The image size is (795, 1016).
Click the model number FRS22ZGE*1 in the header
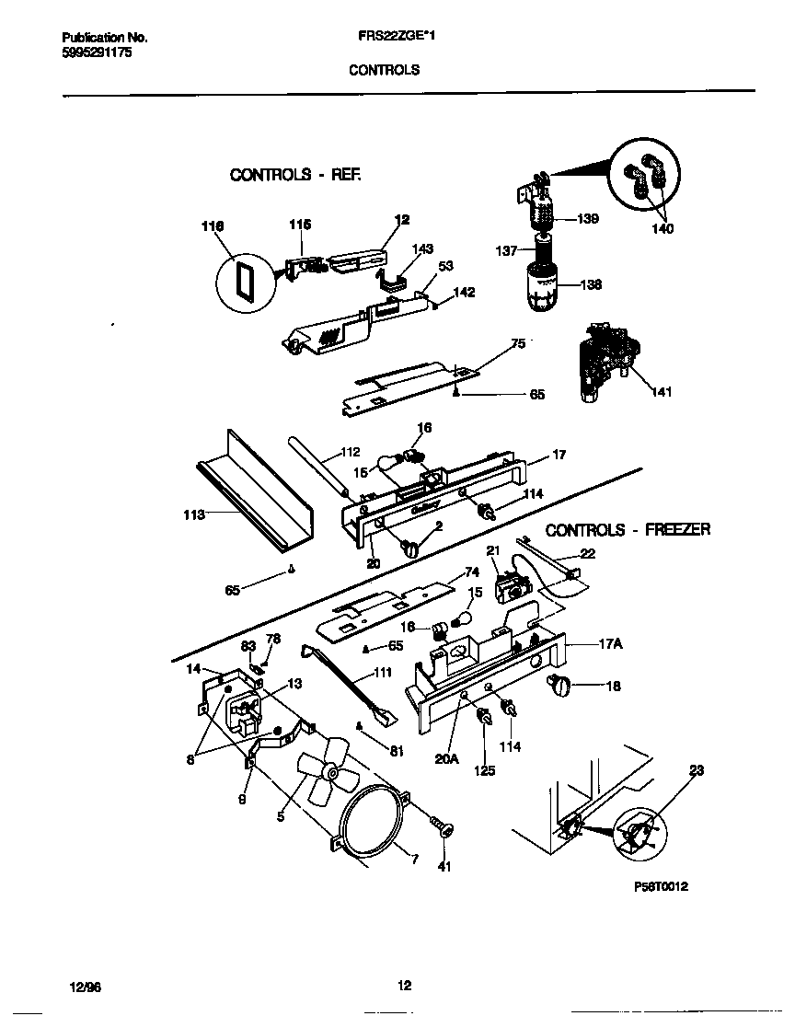tap(384, 38)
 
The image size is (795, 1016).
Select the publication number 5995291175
tap(97, 53)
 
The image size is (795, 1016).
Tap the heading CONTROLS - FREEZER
tap(628, 530)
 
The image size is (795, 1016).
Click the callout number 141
tap(661, 392)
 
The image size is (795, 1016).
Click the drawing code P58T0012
tap(661, 886)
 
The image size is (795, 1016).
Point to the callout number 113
tap(193, 516)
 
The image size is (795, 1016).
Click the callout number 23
tap(696, 771)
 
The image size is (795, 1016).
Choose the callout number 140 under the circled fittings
tap(662, 229)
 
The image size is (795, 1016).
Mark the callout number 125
tap(484, 770)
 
